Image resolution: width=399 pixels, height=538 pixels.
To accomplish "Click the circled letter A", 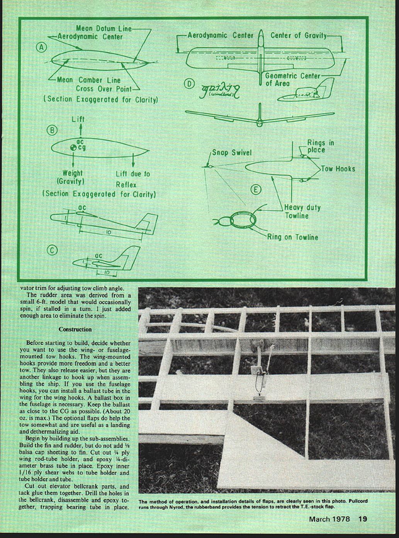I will click(x=41, y=48).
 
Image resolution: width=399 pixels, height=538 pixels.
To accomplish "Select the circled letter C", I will click(x=52, y=250).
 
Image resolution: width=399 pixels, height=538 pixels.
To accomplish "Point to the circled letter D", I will click(x=189, y=83).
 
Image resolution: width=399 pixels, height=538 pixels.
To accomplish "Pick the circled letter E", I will click(x=255, y=190).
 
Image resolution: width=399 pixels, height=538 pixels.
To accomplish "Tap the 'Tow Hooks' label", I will click(x=338, y=169).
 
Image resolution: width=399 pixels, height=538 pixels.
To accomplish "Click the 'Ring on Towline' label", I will click(x=292, y=237).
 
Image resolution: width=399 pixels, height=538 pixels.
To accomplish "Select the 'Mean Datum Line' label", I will click(x=104, y=28).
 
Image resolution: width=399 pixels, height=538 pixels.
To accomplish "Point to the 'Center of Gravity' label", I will click(x=298, y=35).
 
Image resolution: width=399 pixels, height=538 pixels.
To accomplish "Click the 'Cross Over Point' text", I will click(x=104, y=89).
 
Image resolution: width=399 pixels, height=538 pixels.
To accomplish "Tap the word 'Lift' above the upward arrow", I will click(x=78, y=119).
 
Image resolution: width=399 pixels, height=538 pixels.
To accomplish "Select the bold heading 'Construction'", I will click(x=75, y=329).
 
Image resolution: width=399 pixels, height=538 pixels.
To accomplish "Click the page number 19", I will click(x=362, y=519).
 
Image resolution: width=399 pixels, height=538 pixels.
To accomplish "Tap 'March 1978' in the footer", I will click(x=329, y=519).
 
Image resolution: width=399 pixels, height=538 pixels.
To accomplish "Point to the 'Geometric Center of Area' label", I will click(x=292, y=79).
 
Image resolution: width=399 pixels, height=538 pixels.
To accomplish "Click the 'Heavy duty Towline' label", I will click(x=302, y=211).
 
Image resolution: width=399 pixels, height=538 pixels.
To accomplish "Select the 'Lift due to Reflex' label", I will click(x=132, y=179).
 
